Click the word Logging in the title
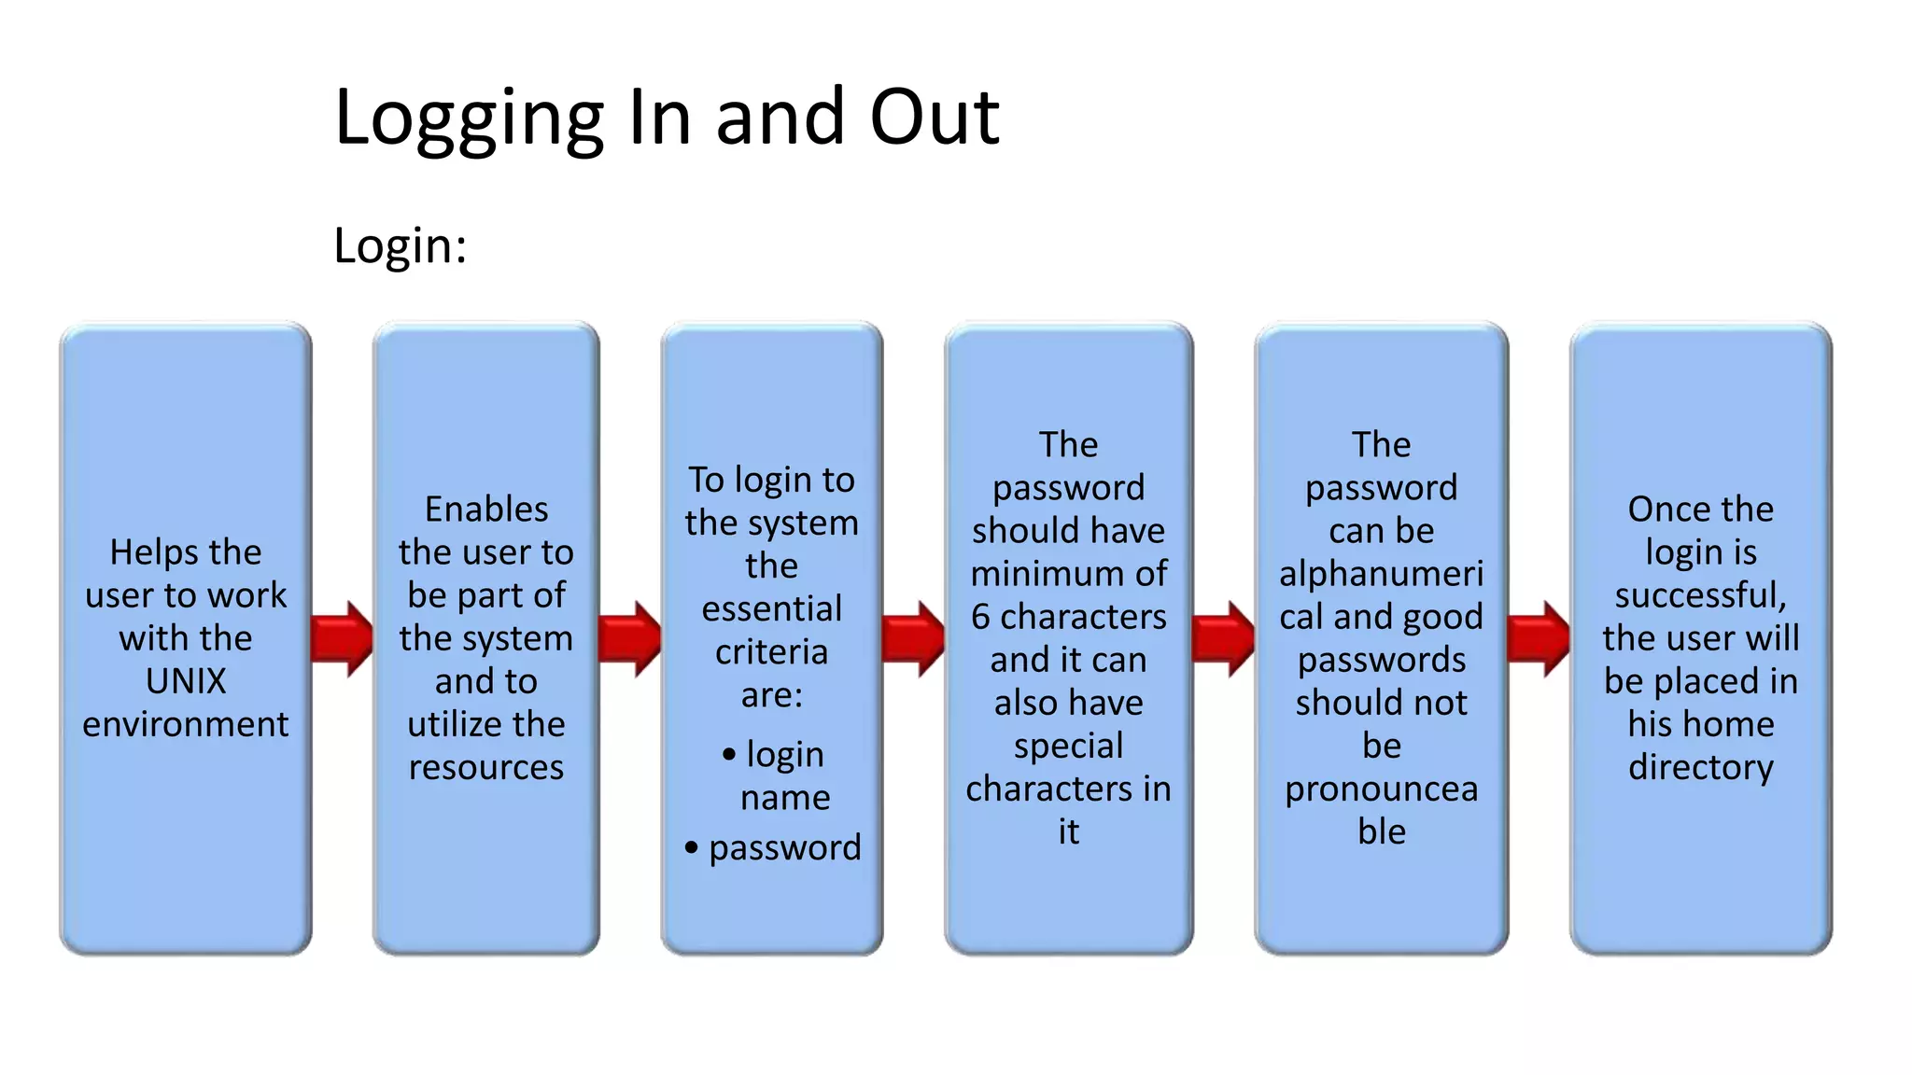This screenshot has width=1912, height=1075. tap(470, 119)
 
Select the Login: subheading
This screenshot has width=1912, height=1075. tap(400, 246)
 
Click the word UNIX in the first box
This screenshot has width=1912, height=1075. tap(186, 681)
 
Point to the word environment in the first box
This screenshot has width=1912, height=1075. tap(186, 724)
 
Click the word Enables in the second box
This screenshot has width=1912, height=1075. tap(486, 510)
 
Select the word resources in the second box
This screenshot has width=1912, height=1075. tap(486, 767)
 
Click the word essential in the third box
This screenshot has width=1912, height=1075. tap(772, 608)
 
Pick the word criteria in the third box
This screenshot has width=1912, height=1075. tap(772, 651)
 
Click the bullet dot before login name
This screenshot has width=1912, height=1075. tap(729, 754)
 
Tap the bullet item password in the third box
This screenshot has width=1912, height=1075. tap(784, 847)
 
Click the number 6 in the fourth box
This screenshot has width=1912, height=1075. tap(980, 617)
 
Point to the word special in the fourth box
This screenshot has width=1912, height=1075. tap(1069, 746)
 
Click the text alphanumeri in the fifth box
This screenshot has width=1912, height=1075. tap(1382, 573)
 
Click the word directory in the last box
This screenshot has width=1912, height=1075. tap(1701, 767)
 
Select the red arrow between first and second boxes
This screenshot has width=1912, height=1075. tap(342, 638)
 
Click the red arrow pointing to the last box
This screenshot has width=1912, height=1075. tap(1539, 638)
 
